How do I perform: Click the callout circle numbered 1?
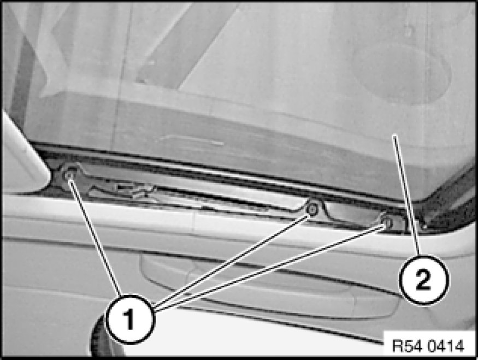point(130,319)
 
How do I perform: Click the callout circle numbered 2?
point(424,280)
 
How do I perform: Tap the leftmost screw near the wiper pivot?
point(69,175)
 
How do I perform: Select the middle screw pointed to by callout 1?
point(312,209)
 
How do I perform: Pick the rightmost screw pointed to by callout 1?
point(387,222)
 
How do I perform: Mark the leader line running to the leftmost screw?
point(95,235)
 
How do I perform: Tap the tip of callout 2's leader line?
point(393,135)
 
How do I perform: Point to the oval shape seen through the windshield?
point(403,73)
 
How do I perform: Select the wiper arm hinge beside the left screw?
point(122,190)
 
